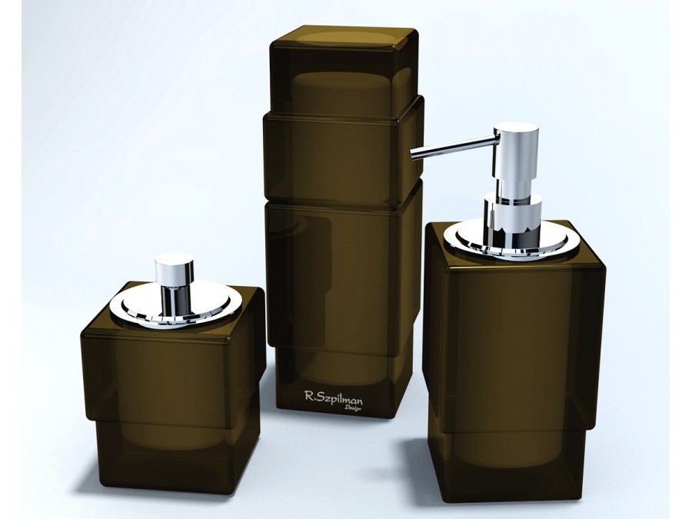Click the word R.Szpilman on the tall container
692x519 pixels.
[333, 398]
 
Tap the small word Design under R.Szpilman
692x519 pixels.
[353, 408]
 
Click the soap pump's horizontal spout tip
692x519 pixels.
[412, 154]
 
